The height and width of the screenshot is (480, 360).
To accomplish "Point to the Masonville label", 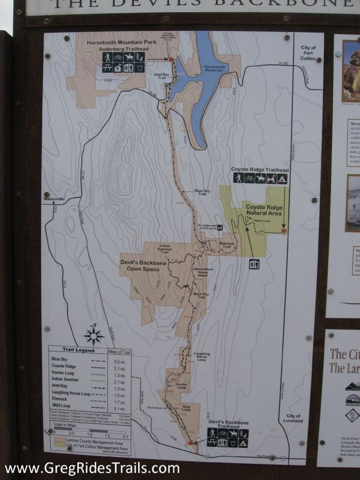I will point(54,199).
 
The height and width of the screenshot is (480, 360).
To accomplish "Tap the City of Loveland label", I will point(293,418).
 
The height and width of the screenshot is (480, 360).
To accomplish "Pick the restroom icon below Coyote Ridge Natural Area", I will point(254,264).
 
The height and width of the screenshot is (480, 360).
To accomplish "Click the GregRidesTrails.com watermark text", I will point(92,468).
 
